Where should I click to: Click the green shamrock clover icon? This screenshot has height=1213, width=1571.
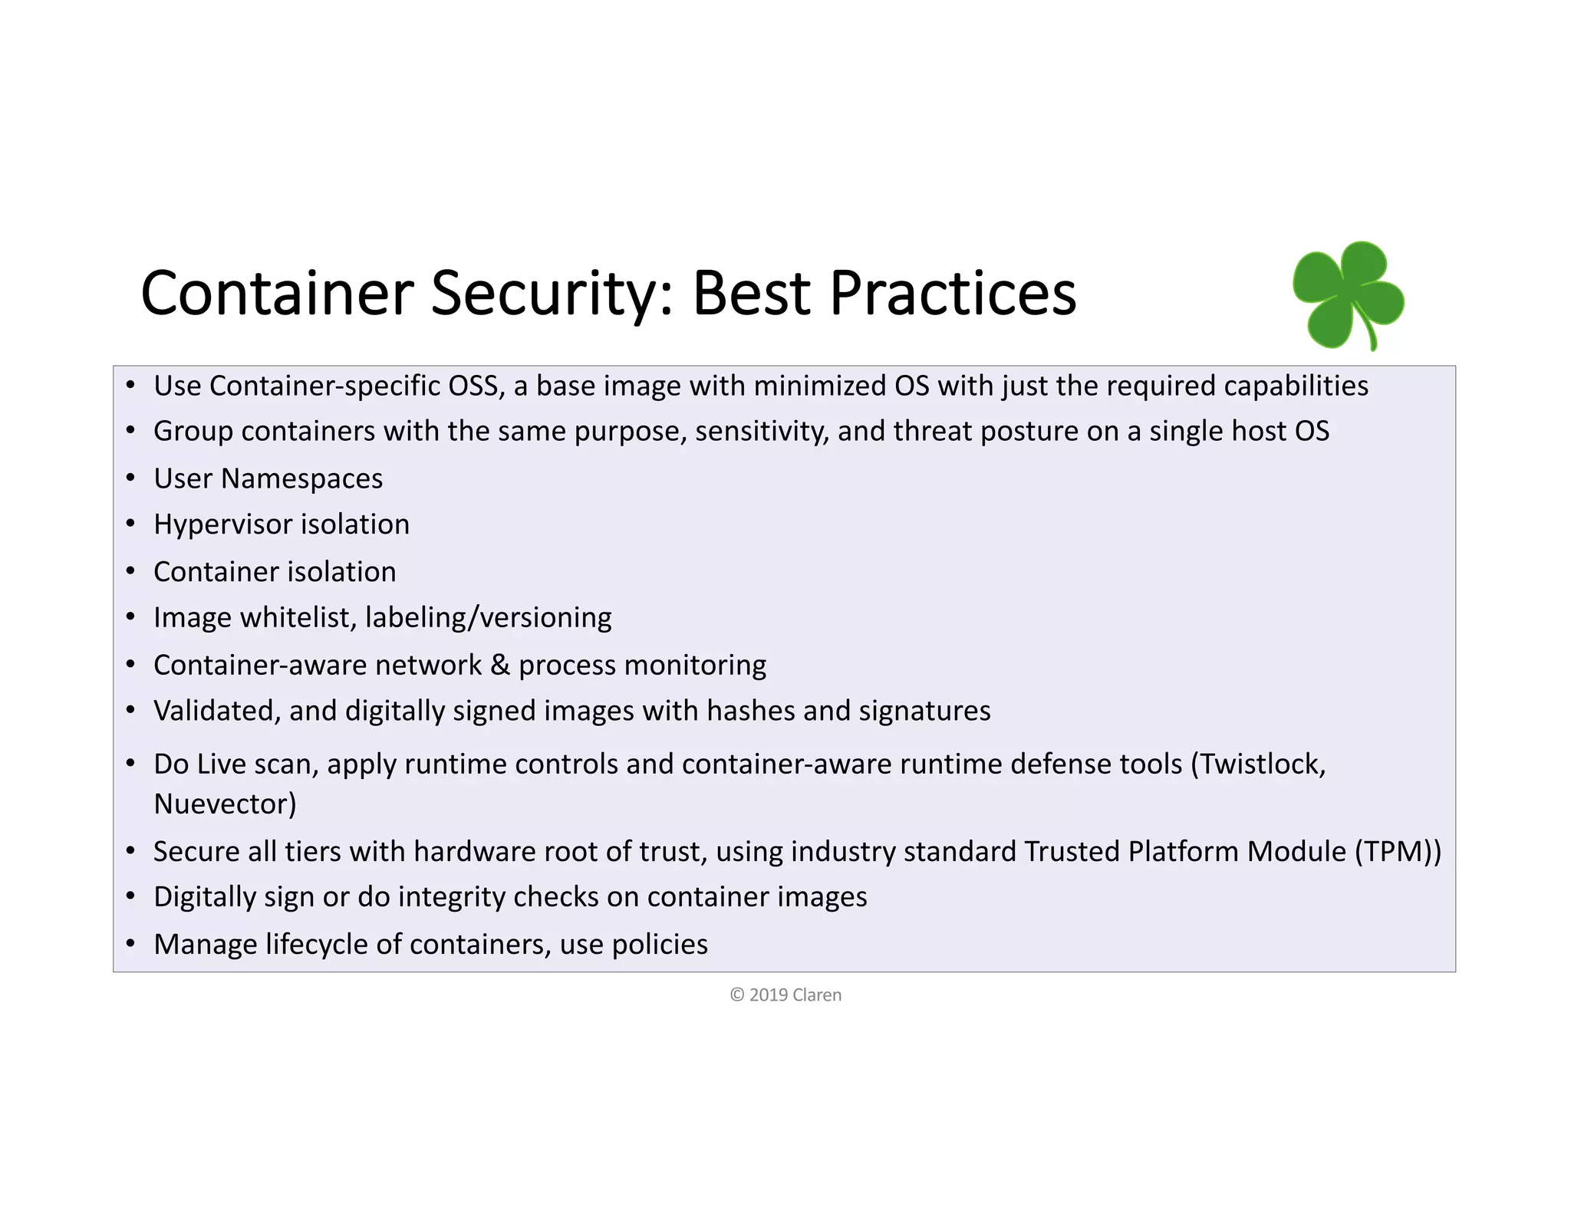(x=1348, y=295)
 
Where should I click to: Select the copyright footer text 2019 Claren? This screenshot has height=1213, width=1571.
(x=785, y=995)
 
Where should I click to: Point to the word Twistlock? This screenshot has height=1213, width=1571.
(x=1262, y=764)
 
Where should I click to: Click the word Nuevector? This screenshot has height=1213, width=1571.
(x=225, y=804)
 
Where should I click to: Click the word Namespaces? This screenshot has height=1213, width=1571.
(x=301, y=479)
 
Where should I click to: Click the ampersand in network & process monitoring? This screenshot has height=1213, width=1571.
(x=500, y=665)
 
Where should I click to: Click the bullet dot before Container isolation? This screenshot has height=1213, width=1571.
(x=131, y=572)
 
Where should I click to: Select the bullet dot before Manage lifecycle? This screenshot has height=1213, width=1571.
(x=131, y=945)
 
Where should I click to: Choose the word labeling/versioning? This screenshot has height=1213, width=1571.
(x=489, y=618)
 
